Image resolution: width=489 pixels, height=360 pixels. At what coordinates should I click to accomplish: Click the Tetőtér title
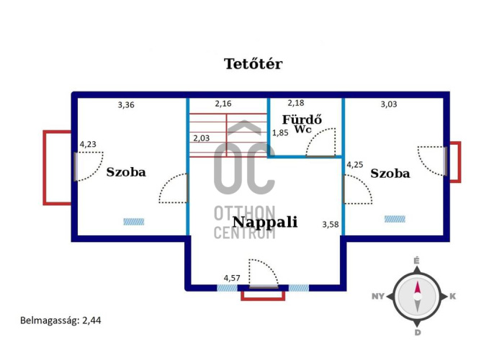click(x=253, y=63)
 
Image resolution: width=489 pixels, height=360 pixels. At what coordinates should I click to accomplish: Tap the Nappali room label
click(x=265, y=222)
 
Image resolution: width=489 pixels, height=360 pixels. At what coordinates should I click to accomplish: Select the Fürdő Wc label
click(x=302, y=123)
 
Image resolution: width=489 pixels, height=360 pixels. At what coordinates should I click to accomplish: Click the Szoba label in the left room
click(x=126, y=172)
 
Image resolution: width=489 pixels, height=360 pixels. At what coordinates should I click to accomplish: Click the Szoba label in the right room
click(x=390, y=174)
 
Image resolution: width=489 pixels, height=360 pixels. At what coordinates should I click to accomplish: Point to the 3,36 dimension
click(x=126, y=104)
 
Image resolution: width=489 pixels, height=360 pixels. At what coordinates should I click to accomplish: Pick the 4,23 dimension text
click(x=88, y=144)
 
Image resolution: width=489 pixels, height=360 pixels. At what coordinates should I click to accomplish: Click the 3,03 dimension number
click(x=389, y=104)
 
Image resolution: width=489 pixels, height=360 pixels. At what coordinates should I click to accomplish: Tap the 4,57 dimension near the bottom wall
click(x=232, y=277)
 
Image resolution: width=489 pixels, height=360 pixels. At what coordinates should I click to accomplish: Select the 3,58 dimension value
click(x=330, y=225)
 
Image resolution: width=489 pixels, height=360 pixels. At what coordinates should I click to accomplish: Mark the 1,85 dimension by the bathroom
click(x=279, y=133)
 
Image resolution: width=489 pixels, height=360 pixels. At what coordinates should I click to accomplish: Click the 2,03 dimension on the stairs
click(x=202, y=138)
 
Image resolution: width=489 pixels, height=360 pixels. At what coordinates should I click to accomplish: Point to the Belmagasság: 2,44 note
click(x=60, y=321)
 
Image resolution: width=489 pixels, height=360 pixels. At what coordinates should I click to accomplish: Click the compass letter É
click(x=416, y=260)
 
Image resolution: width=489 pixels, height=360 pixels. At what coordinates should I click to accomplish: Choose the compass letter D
click(x=417, y=333)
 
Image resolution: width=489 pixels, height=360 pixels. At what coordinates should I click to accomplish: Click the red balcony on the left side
click(x=58, y=167)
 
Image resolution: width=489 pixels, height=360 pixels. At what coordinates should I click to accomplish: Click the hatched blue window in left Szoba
click(x=133, y=222)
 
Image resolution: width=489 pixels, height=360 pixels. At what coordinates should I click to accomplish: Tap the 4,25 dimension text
click(x=355, y=165)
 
